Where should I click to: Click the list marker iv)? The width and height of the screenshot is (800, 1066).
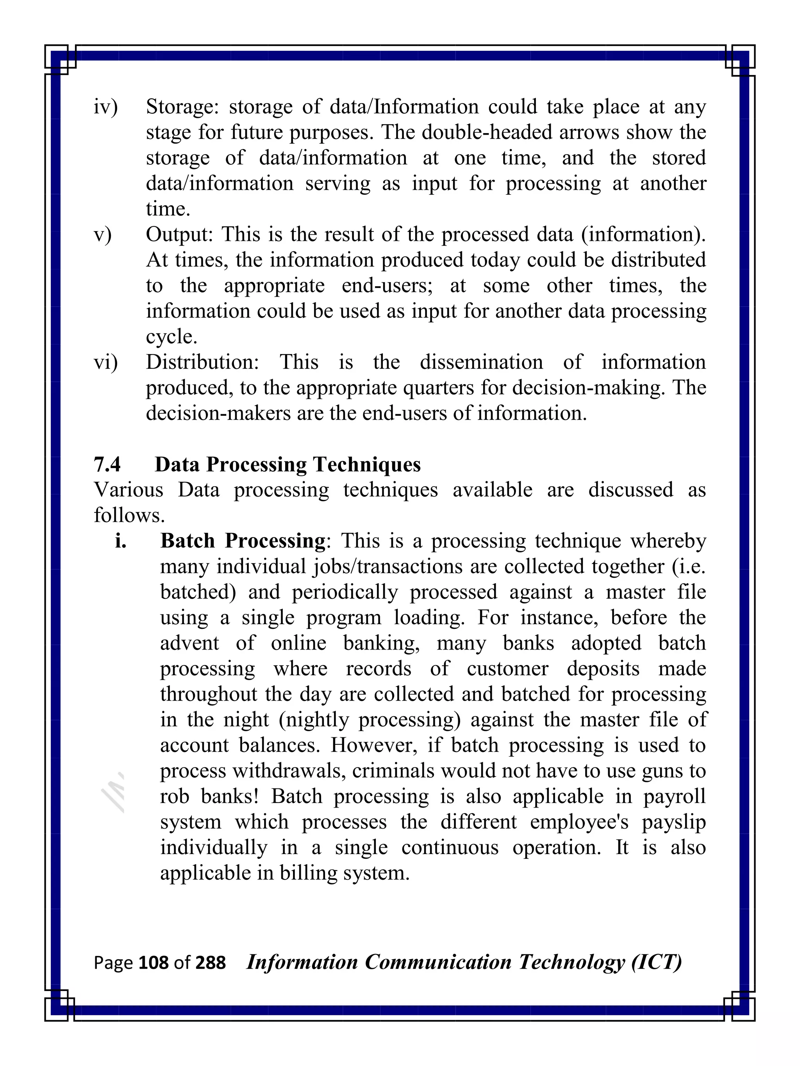tap(105, 107)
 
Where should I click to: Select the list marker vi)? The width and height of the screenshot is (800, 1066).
tap(105, 362)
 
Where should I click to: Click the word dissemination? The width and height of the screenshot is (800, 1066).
tap(481, 362)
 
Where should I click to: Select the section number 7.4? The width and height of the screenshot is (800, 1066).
tap(107, 464)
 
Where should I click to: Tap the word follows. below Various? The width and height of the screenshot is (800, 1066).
tap(129, 516)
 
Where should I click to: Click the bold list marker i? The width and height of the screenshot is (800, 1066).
tap(121, 541)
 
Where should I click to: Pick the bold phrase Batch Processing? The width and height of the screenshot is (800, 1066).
tap(243, 541)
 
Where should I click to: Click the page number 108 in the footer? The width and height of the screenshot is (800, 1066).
tap(154, 963)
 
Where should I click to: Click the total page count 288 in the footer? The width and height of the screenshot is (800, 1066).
tap(211, 963)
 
